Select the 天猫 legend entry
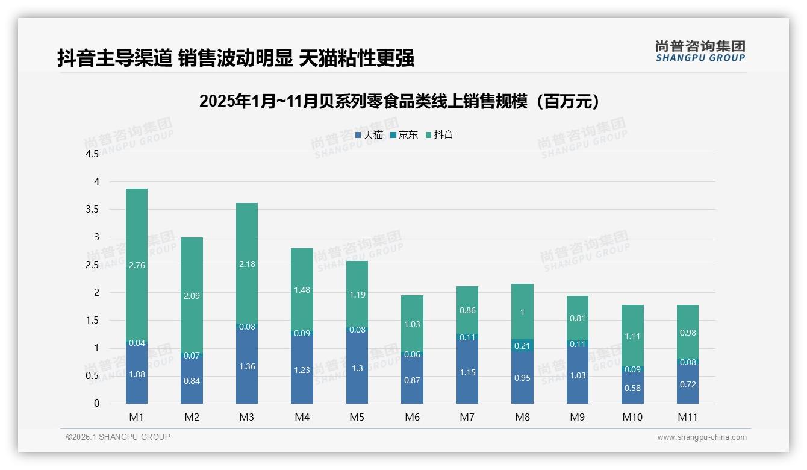point(369,135)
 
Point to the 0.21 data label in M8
point(522,345)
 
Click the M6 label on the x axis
point(413,417)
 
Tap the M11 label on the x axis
point(687,417)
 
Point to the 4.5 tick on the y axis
point(92,154)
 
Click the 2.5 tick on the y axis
point(92,265)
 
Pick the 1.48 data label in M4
point(302,290)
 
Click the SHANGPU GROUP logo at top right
point(700,51)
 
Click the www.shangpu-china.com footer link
point(702,437)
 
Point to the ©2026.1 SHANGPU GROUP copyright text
point(118,437)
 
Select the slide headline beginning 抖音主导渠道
point(235,58)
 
